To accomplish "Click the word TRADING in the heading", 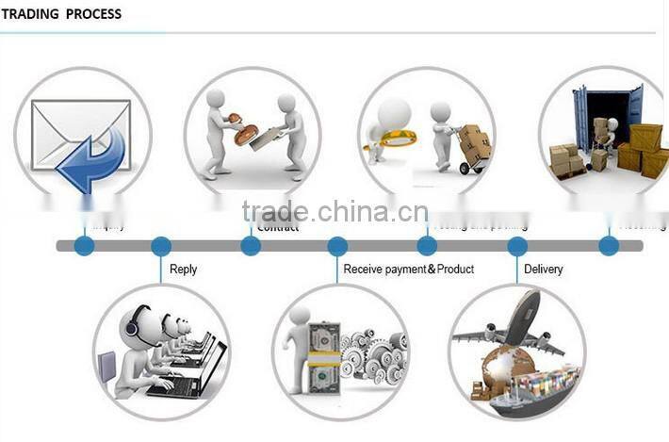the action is (29, 15).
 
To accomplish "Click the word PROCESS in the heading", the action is (93, 15).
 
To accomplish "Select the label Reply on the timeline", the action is (183, 270).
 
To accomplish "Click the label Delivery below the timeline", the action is (543, 270).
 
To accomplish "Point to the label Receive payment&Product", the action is (408, 270).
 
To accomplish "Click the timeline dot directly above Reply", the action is (161, 247).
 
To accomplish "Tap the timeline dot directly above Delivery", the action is (517, 247).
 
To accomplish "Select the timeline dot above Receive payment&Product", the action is (337, 247).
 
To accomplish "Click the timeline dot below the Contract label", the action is (251, 247).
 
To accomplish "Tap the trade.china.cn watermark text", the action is (334, 212).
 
